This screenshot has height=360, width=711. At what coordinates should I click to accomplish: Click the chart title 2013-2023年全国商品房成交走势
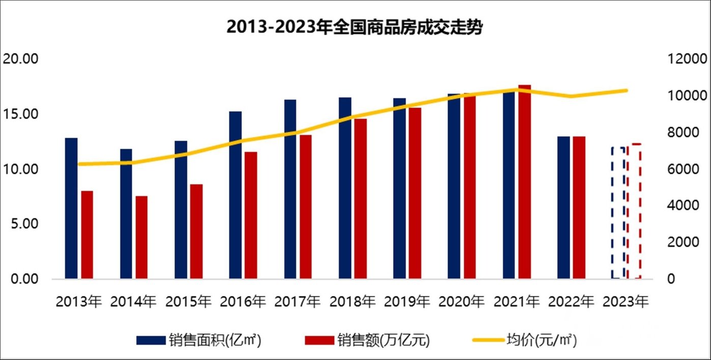[x=354, y=27]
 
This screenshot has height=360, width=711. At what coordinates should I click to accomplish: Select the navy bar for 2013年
[x=71, y=208]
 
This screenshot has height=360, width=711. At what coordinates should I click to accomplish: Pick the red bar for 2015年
[x=196, y=231]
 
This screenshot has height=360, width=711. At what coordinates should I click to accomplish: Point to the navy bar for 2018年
[x=345, y=188]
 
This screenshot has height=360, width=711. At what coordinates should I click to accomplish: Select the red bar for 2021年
[x=524, y=182]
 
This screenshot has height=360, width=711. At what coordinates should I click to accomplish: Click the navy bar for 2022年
[x=564, y=207]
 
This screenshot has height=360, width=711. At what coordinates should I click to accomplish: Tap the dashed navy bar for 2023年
[x=618, y=213]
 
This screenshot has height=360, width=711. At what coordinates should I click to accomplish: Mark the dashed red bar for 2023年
[x=634, y=211]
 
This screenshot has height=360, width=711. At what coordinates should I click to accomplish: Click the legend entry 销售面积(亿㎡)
[x=199, y=340]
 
